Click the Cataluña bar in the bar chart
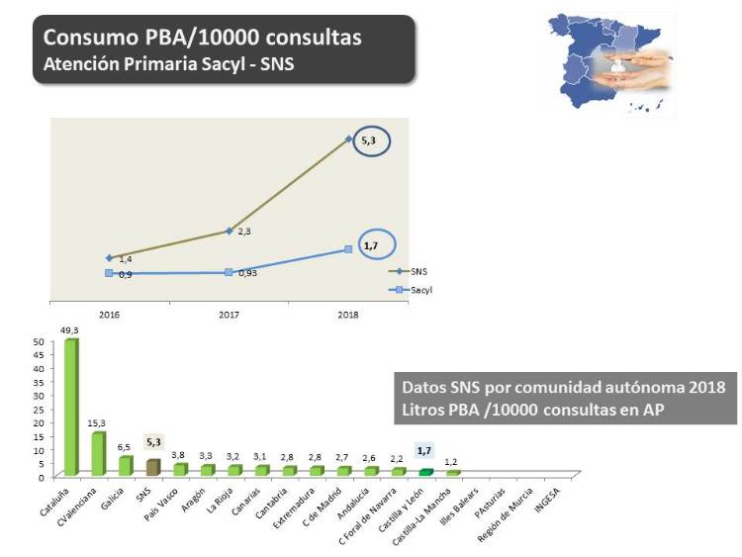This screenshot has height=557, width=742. (x=71, y=407)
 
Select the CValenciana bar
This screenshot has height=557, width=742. (x=98, y=453)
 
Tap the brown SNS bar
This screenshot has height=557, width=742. (x=152, y=467)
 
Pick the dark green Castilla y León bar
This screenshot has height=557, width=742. (x=425, y=471)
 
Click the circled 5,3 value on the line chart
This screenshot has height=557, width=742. (x=369, y=141)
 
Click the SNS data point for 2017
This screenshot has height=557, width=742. (x=229, y=231)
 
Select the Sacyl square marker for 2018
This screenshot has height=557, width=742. (x=348, y=249)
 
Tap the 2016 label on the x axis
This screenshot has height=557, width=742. (x=109, y=314)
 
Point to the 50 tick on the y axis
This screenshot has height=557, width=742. (x=40, y=342)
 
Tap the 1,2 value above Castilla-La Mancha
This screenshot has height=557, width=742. (x=452, y=461)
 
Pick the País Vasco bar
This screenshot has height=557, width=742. (x=180, y=469)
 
